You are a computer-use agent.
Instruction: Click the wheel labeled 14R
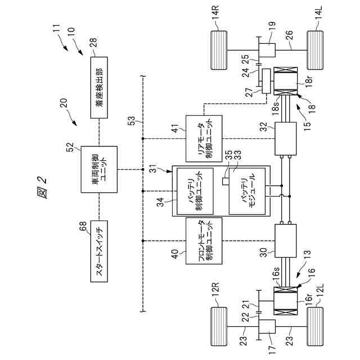pos(219,50)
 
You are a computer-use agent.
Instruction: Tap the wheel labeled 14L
pos(315,50)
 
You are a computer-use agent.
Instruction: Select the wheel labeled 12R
pos(219,326)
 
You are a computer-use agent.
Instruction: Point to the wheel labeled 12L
pos(315,326)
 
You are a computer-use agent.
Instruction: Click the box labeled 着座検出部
pos(99,88)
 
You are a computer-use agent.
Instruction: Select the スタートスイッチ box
pos(99,251)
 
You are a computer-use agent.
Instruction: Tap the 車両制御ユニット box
pos(99,169)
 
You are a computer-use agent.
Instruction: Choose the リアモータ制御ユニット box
pos(204,139)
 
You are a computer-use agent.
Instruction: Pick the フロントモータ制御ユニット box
pos(204,241)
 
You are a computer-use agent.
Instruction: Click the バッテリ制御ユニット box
pos(195,191)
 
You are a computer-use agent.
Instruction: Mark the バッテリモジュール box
pos(247,191)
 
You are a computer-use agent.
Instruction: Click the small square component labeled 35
pos(224,181)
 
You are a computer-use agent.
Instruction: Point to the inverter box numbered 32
pos(285,139)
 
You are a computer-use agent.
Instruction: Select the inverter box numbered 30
pos(285,241)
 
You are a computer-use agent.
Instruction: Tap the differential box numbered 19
pos(267,50)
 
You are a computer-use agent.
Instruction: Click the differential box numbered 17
pos(267,326)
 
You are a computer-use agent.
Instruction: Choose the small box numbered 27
pos(266,81)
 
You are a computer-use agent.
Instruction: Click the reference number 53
pos(132,121)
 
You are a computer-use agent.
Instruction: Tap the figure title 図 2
pos(42,187)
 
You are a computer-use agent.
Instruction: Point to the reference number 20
pos(64,103)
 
